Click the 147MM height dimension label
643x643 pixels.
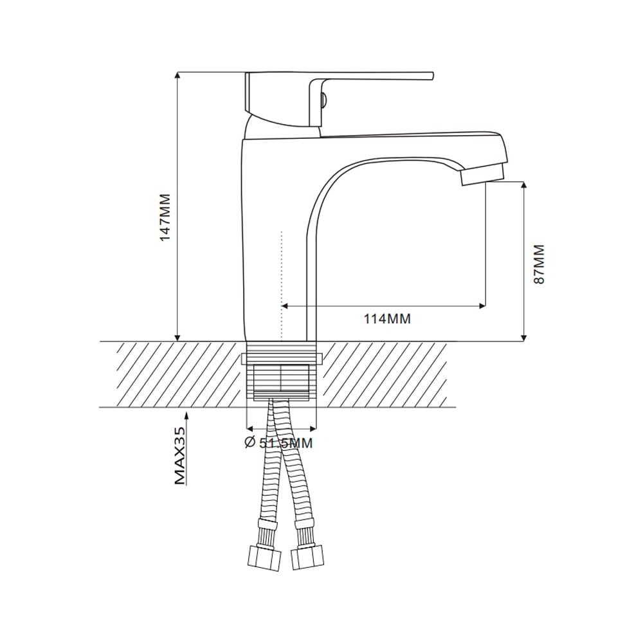click(165, 218)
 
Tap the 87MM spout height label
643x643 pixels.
click(539, 264)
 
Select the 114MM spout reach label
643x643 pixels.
click(387, 319)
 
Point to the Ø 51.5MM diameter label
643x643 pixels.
click(279, 443)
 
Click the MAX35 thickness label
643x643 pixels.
click(180, 455)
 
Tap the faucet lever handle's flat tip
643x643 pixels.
click(431, 76)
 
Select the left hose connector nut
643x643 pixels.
click(265, 558)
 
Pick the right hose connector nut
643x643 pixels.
click(307, 557)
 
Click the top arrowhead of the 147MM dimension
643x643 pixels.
click(177, 75)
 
